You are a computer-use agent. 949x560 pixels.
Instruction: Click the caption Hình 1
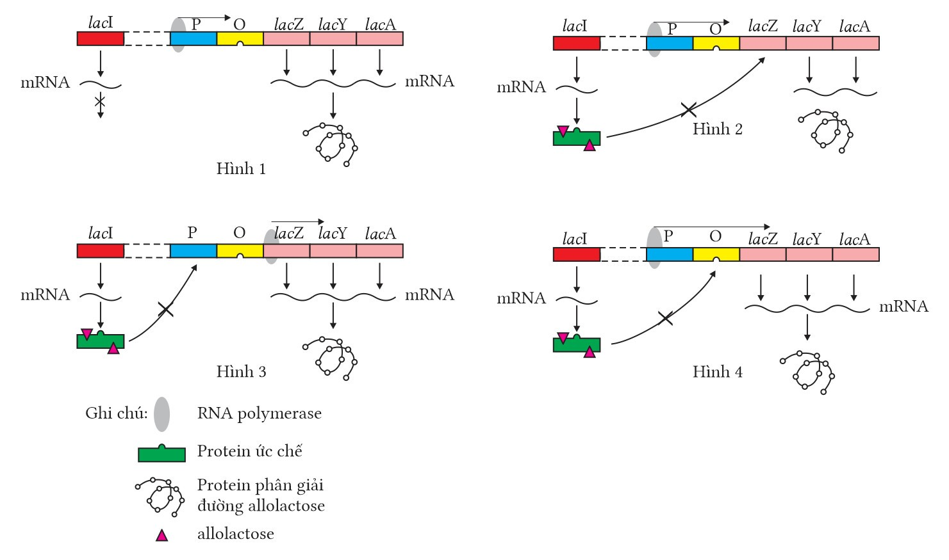pyautogui.click(x=241, y=169)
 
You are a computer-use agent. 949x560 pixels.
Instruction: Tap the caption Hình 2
pyautogui.click(x=717, y=129)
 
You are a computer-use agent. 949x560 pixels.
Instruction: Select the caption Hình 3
pyautogui.click(x=241, y=372)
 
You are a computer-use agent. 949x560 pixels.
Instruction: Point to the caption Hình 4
pyautogui.click(x=717, y=372)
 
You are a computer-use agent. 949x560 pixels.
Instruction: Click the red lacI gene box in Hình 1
pyautogui.click(x=101, y=38)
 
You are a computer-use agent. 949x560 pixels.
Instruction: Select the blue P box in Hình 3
pyautogui.click(x=193, y=251)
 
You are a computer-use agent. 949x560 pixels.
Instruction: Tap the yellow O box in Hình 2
pyautogui.click(x=716, y=44)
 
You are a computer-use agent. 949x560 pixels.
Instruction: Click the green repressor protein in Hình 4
pyautogui.click(x=577, y=344)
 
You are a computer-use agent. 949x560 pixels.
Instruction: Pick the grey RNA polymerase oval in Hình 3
pyautogui.click(x=272, y=246)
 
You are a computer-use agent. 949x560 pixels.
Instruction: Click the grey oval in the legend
pyautogui.click(x=162, y=414)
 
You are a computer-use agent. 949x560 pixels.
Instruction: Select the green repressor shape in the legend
pyautogui.click(x=162, y=454)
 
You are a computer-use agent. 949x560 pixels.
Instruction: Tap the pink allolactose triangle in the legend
pyautogui.click(x=162, y=536)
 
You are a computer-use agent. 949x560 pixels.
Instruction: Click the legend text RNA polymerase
pyautogui.click(x=259, y=413)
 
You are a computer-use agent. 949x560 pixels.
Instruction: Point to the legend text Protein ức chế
pyautogui.click(x=249, y=451)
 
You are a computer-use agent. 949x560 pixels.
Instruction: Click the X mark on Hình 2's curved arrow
pyautogui.click(x=688, y=110)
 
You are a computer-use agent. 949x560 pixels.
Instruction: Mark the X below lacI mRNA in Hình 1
pyautogui.click(x=100, y=101)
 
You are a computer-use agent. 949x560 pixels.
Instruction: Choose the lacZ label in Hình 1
pyautogui.click(x=288, y=25)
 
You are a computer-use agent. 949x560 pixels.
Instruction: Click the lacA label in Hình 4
pyautogui.click(x=854, y=239)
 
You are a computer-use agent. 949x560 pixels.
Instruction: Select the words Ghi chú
pyautogui.click(x=116, y=413)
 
